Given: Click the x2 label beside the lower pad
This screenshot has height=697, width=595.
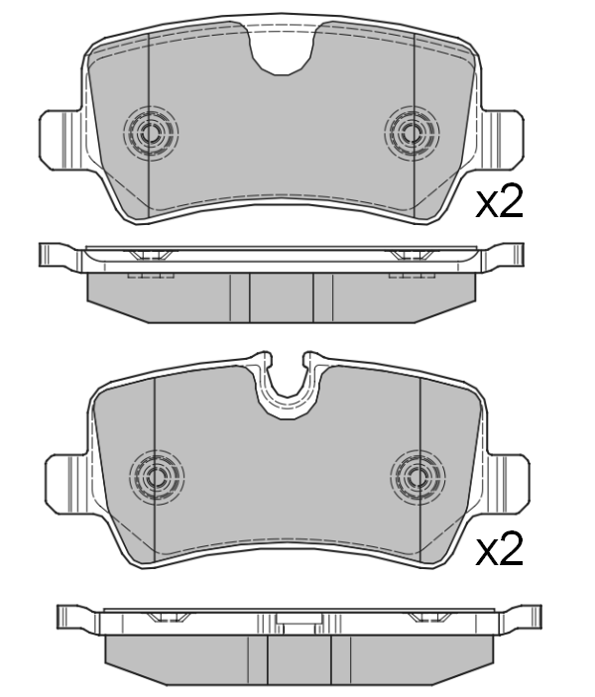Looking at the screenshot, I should tap(499, 550).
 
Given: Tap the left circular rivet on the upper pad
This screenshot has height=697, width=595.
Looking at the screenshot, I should tap(152, 132).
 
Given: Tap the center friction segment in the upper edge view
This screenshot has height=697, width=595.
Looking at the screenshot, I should tap(281, 296).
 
